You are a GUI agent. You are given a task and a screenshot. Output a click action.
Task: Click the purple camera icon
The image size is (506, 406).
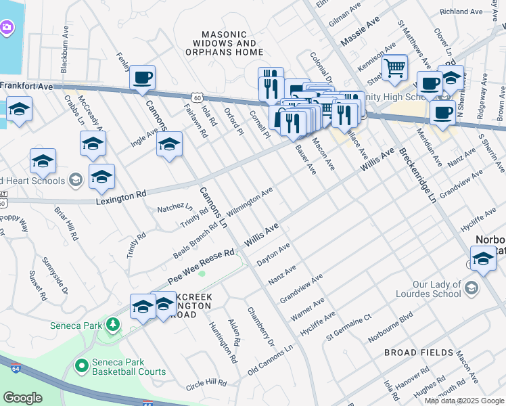(6, 27)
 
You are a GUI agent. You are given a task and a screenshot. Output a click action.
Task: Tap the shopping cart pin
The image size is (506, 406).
(394, 67)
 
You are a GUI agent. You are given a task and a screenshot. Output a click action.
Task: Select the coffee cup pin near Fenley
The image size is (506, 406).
(142, 78)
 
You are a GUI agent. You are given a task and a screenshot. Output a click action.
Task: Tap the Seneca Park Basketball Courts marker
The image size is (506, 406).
(82, 366)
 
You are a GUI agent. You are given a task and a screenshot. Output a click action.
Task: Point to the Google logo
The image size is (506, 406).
(22, 397)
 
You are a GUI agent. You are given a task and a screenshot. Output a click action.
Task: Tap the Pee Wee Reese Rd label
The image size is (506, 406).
(201, 264)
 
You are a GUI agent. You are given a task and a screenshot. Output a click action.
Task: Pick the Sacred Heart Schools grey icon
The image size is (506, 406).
(75, 180)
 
